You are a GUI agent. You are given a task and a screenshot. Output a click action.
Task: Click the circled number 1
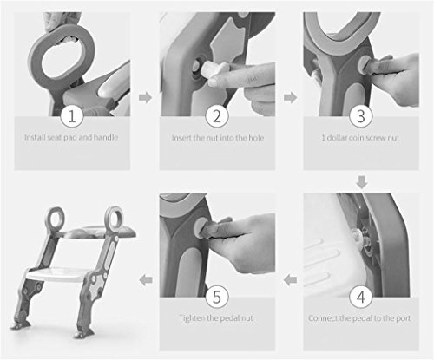(x=72, y=116)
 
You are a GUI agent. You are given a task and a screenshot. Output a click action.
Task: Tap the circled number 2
(x=217, y=116)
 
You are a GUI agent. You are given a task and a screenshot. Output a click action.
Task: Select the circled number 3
(x=360, y=116)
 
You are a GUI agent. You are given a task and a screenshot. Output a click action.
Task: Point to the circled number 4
(x=360, y=297)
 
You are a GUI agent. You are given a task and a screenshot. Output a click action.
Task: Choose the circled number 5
(x=217, y=297)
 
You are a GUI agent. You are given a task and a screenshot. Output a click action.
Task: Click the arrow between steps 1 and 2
(x=145, y=98)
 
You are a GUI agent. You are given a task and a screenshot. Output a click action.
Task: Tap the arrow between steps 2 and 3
(x=290, y=98)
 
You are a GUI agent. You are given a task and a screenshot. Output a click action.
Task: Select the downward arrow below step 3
(x=362, y=182)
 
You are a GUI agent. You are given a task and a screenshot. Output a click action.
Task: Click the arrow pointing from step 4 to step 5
(x=290, y=280)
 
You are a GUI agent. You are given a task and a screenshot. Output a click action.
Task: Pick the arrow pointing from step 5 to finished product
(x=146, y=280)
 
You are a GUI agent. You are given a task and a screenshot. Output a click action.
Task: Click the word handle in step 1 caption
(x=106, y=137)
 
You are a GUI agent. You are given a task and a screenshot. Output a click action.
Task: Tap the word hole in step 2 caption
(x=256, y=138)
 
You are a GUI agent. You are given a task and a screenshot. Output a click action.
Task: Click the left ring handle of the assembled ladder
(x=56, y=218)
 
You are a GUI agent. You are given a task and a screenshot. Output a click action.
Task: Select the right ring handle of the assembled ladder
(x=114, y=217)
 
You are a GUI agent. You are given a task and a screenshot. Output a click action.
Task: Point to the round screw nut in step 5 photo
(x=201, y=228)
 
